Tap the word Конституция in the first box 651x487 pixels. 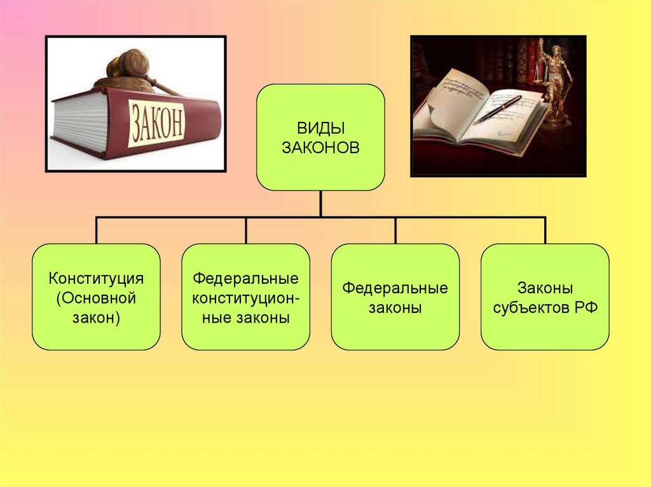coord(97,279)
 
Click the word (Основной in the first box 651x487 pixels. coord(97,297)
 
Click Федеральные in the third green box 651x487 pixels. coord(395,288)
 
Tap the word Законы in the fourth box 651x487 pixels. coord(545,288)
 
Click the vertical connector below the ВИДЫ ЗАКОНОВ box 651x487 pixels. coord(320,203)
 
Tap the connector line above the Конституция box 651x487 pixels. coord(97,230)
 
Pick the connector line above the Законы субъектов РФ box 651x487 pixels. coord(545,230)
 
